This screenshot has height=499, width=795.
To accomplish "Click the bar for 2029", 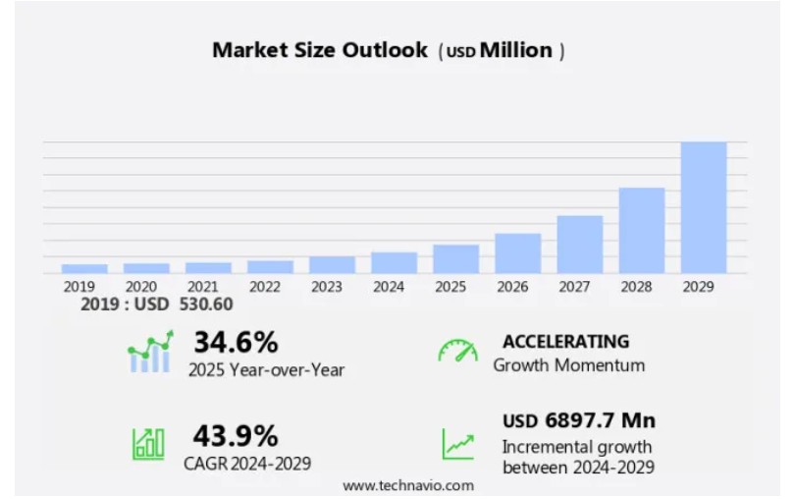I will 704,207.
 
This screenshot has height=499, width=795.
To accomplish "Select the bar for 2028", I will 642,230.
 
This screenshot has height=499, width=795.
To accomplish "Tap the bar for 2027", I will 580,244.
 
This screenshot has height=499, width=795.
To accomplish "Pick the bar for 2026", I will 518,252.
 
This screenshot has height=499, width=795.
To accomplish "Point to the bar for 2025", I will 456,258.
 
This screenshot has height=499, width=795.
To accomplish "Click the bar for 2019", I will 84,268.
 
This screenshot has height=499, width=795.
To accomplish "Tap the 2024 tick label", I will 389,287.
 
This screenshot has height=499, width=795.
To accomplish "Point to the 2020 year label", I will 140,287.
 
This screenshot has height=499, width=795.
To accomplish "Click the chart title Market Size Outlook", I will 320,50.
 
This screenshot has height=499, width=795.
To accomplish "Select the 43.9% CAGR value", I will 236,435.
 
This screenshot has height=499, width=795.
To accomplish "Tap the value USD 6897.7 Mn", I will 579,421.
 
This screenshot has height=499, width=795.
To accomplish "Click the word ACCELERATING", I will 565,342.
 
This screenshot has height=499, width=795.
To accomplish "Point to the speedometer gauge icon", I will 457,352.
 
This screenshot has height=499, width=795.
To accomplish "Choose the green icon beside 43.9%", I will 148,444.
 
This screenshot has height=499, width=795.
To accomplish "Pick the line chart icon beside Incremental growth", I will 457,444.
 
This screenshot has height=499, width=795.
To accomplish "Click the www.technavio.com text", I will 408,485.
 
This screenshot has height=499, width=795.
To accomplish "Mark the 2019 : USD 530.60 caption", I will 157,305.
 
